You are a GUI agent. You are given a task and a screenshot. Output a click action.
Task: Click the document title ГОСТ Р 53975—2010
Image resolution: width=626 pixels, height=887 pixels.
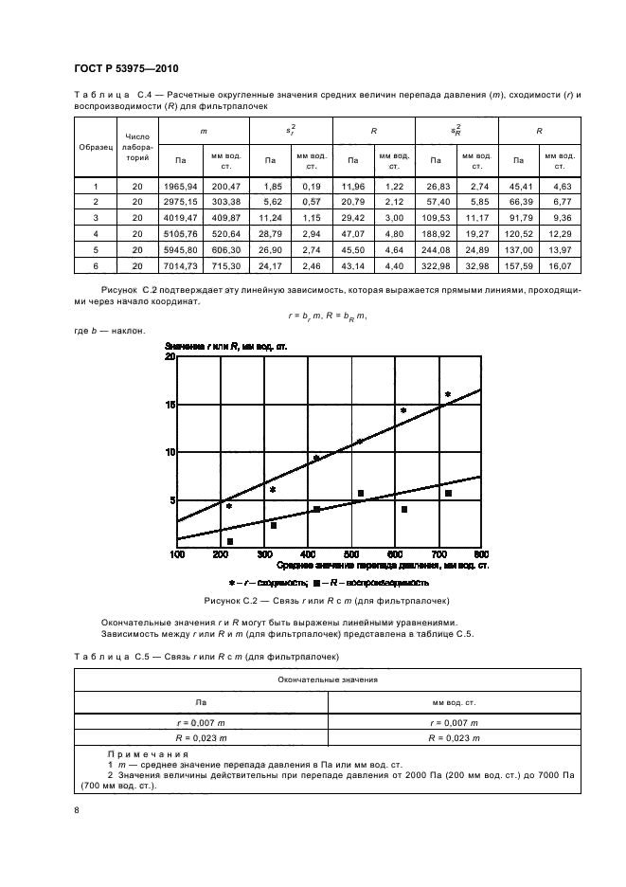click(x=125, y=69)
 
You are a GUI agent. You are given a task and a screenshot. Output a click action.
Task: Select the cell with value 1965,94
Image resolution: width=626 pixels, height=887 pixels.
click(x=178, y=188)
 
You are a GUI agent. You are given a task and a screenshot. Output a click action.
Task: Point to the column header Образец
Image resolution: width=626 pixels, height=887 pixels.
click(x=95, y=148)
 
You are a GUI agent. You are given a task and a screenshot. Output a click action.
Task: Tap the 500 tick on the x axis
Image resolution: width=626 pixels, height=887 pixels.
click(x=351, y=553)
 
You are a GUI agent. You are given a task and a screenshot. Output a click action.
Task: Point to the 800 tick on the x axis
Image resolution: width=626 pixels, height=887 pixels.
click(x=480, y=553)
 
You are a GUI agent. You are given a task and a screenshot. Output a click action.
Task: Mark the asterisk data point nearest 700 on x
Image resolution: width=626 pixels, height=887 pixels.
click(x=448, y=395)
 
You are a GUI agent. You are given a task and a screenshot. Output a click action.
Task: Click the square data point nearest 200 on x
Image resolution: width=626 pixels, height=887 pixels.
click(x=230, y=541)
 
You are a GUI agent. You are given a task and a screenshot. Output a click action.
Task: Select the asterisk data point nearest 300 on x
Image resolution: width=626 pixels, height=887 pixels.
click(x=273, y=490)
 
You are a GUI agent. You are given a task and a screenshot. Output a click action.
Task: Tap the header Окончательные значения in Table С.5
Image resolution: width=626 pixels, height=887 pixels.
click(x=328, y=679)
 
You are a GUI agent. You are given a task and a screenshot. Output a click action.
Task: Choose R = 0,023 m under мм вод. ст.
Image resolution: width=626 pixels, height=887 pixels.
click(x=453, y=736)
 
